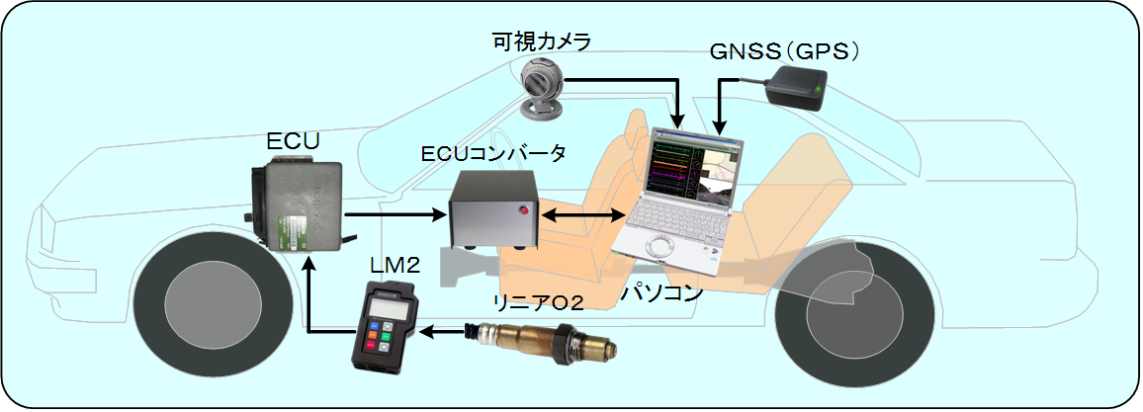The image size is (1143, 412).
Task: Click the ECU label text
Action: coord(294,141)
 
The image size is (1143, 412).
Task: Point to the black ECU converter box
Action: coord(492,209)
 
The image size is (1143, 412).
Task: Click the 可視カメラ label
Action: coord(542,41)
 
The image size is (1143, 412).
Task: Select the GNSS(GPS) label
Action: coord(784,51)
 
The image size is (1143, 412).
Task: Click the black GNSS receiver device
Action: coord(796,89)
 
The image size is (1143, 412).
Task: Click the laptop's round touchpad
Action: coord(660,247)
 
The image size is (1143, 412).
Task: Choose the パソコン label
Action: coord(661,293)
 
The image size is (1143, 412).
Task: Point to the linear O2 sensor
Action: coord(550,343)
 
